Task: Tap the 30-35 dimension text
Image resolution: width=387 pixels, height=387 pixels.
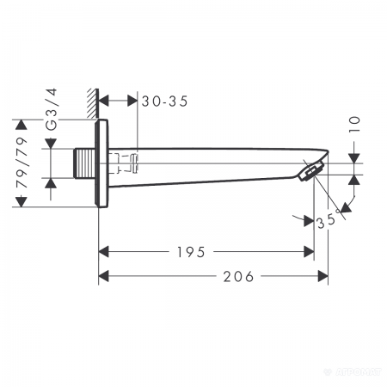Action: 165,101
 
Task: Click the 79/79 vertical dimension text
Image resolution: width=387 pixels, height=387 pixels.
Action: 23,163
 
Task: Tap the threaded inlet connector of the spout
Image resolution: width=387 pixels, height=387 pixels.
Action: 85,163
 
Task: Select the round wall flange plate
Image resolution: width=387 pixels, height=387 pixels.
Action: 104,163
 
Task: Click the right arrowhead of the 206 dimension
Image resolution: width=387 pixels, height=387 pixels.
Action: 323,276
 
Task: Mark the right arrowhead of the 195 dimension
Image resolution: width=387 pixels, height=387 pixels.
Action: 308,252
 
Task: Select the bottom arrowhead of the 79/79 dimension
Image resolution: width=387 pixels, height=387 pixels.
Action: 23,202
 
